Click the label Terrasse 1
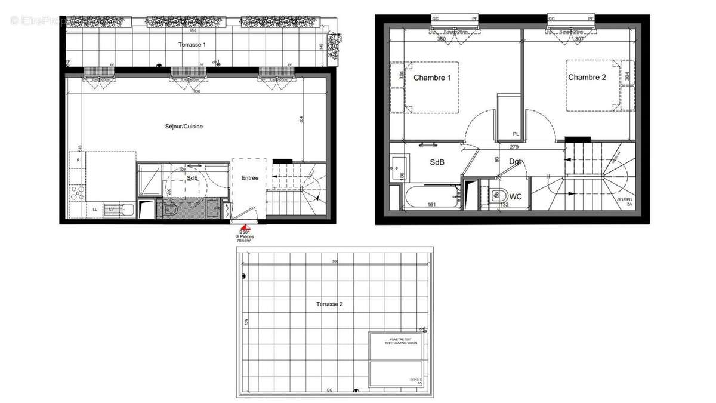tap(192, 45)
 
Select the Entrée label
tap(249, 178)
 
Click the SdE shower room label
tap(193, 178)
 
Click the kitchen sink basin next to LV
tap(126, 209)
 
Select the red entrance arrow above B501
tap(245, 227)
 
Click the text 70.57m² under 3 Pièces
tap(245, 241)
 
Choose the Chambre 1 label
tap(432, 78)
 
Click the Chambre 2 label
tap(587, 77)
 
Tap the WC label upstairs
tap(516, 196)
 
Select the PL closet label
tap(514, 134)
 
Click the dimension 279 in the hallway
tap(514, 147)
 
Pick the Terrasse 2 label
tap(329, 304)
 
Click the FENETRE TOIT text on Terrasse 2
tap(396, 339)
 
